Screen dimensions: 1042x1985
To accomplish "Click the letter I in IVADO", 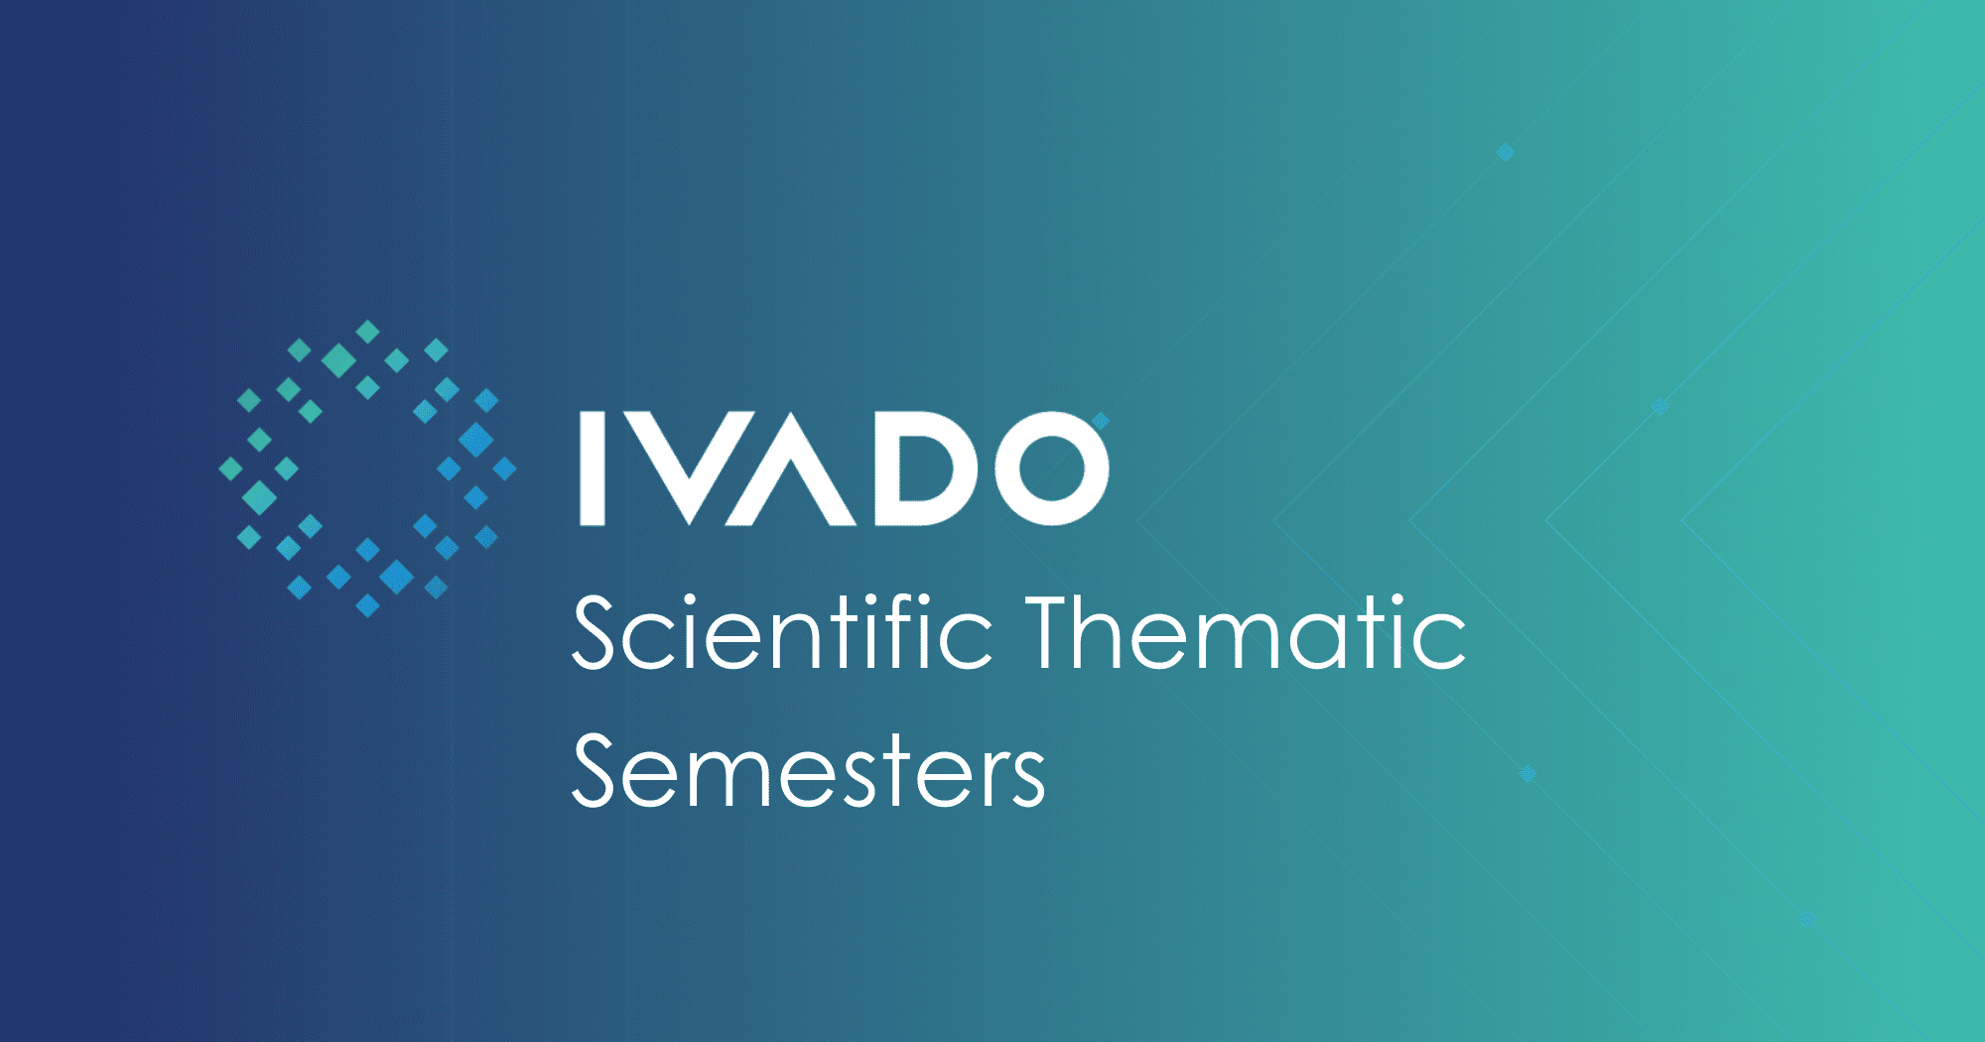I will click(x=593, y=467).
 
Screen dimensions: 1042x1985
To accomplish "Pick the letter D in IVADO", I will click(x=927, y=467).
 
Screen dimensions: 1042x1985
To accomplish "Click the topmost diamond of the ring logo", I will click(x=368, y=331).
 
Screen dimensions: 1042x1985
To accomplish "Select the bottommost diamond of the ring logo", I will click(x=367, y=605).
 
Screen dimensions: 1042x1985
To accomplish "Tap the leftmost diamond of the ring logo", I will click(x=230, y=468).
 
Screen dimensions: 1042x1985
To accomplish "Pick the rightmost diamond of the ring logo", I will click(x=505, y=468).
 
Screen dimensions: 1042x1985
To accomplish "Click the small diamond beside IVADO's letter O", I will click(x=1101, y=421).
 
